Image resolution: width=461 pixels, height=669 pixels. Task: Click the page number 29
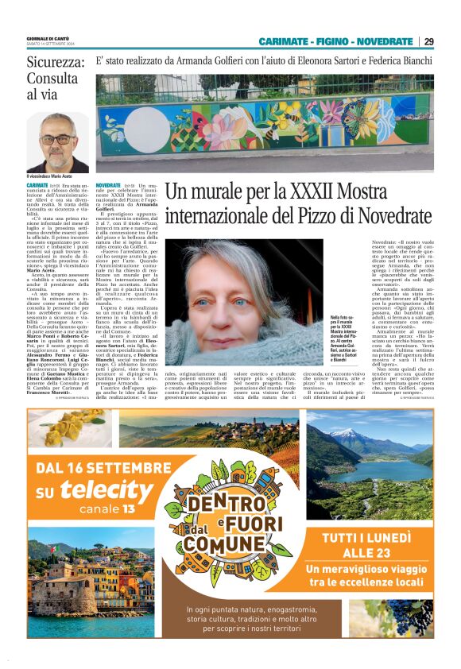(428, 41)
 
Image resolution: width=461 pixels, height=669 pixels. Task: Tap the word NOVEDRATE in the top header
(385, 41)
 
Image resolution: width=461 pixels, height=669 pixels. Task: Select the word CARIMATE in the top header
(285, 41)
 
